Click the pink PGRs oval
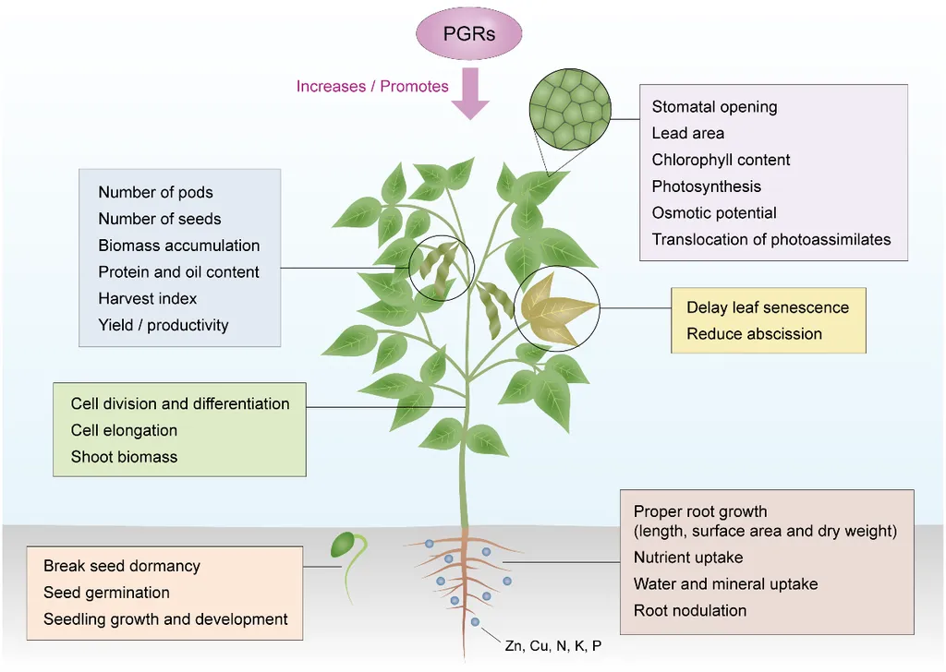[468, 33]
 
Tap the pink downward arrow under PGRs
[470, 93]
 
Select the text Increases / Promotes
[372, 86]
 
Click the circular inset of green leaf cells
[570, 109]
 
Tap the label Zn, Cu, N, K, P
[553, 646]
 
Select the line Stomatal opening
[714, 107]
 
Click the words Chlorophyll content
[721, 160]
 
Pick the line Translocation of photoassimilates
[771, 239]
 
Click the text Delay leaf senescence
[768, 307]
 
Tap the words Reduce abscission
[754, 334]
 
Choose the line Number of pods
[155, 192]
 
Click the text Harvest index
[148, 298]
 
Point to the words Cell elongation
[125, 430]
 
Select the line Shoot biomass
[125, 457]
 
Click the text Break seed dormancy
[122, 566]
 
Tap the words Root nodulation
[690, 610]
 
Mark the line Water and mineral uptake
[726, 584]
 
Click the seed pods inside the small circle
[440, 269]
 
